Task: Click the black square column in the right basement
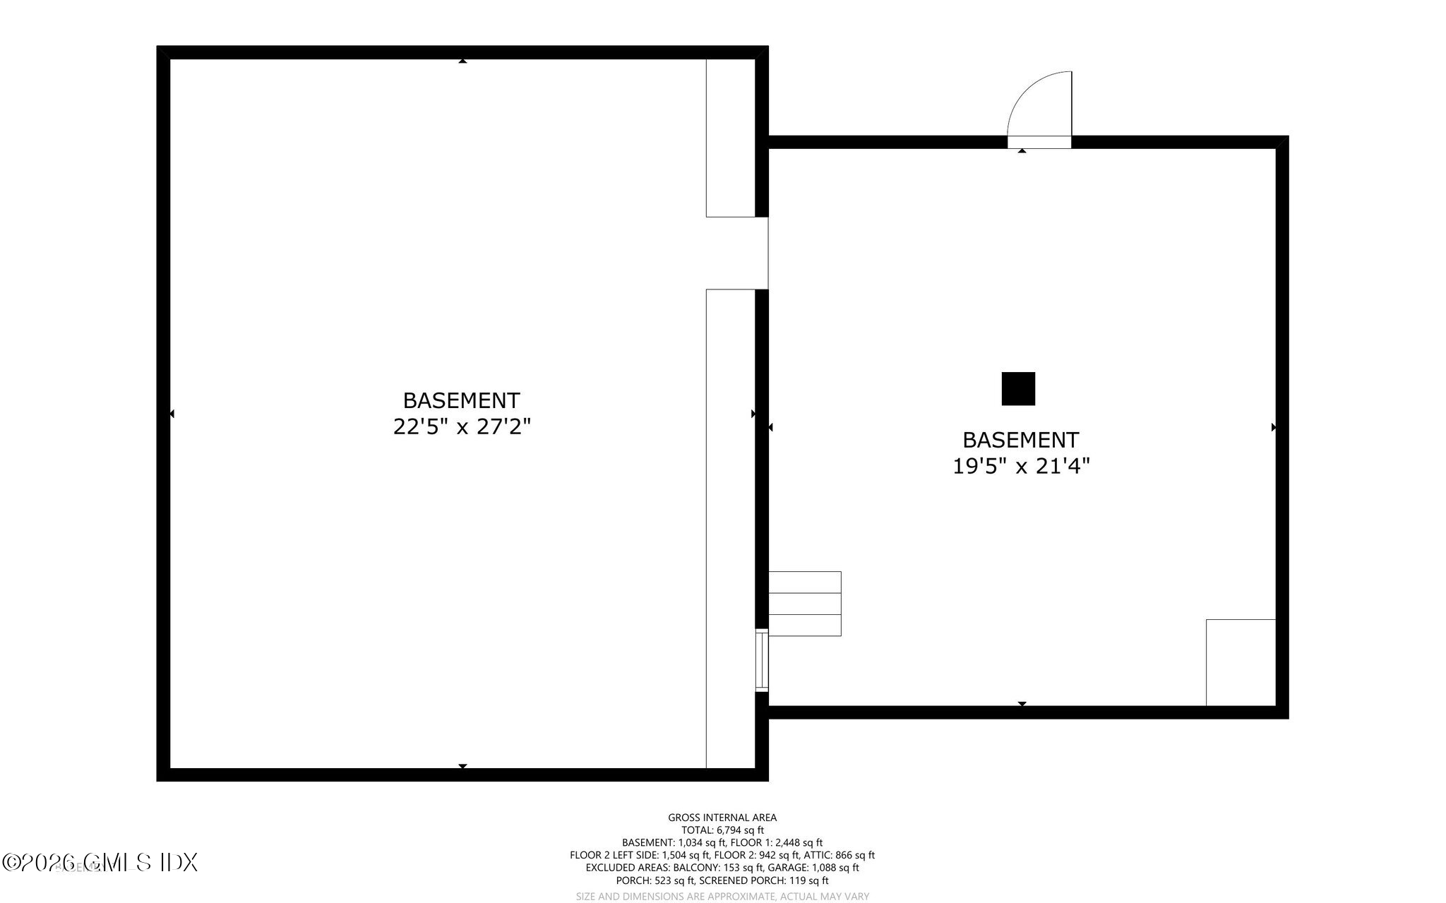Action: pos(1018,388)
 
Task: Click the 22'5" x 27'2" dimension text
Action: pos(462,426)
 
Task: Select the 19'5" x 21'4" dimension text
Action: pos(1021,466)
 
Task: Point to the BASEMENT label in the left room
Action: pos(462,400)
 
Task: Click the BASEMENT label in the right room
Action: pos(1021,440)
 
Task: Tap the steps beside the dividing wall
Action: pos(804,604)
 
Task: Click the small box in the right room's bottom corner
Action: pos(1241,662)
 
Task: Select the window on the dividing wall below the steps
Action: pos(761,660)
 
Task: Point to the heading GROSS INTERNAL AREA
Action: pos(722,818)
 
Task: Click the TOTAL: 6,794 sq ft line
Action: pos(722,830)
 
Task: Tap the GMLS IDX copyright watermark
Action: pos(100,862)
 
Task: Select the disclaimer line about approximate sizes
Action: pos(722,897)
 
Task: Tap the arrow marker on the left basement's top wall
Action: pos(462,61)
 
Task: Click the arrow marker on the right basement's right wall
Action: pos(1273,427)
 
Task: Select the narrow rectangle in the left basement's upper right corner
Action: pos(731,138)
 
